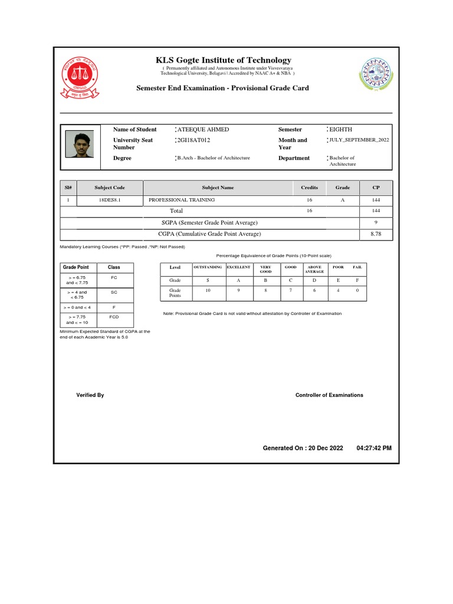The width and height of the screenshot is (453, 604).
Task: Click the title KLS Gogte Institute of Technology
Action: pos(223,60)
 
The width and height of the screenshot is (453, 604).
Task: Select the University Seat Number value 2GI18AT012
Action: pos(193,140)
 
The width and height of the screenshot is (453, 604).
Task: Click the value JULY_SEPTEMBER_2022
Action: pos(359,140)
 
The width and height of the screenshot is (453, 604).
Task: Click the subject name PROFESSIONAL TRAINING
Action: pos(182,200)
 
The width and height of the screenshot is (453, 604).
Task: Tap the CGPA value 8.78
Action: pos(376,234)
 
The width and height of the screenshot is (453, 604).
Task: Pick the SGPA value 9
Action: pos(376,222)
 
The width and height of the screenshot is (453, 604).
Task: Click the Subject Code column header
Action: pos(110,188)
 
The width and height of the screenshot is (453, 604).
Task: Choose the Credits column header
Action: pos(309,188)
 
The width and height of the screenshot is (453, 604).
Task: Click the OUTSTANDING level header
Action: pos(208,267)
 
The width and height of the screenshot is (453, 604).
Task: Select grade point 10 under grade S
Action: pos(208,291)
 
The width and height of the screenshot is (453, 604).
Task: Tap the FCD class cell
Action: pos(114,317)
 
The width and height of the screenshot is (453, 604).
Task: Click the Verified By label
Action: pos(90,395)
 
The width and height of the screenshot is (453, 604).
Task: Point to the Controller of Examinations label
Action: pos(329,395)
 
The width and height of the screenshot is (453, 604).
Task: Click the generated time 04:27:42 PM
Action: pos(374,448)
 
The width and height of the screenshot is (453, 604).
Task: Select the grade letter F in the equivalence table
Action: pos(357,280)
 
